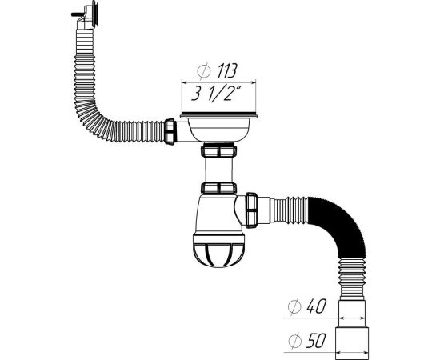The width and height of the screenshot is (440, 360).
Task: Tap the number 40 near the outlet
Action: click(316, 307)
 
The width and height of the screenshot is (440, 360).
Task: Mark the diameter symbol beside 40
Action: click(294, 307)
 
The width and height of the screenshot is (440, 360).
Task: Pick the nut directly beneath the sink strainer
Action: click(218, 152)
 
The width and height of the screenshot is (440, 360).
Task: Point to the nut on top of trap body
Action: click(218, 189)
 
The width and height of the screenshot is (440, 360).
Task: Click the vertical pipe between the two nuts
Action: click(218, 170)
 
